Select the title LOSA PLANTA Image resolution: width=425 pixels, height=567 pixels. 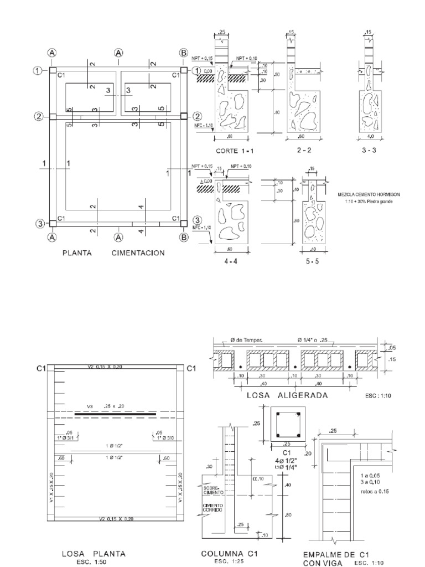(94, 553)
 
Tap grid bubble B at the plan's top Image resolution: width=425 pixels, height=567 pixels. (183, 53)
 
